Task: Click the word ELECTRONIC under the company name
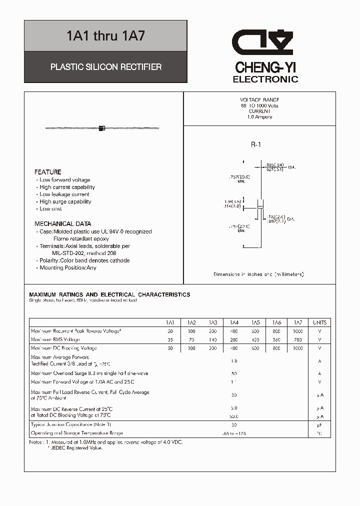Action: [265, 79]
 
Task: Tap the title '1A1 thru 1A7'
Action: [106, 36]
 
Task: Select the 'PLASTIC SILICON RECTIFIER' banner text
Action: [106, 66]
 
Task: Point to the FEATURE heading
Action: [48, 172]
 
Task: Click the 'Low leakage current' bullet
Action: [64, 194]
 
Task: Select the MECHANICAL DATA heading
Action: [63, 224]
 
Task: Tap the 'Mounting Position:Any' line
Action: [68, 267]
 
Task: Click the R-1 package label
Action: [256, 145]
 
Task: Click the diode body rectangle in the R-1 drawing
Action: [260, 204]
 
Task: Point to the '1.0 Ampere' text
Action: [259, 116]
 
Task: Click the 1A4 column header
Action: [234, 322]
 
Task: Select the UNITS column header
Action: [319, 322]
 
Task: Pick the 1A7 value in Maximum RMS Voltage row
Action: [298, 339]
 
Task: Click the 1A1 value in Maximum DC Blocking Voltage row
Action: [170, 348]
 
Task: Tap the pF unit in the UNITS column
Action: [320, 424]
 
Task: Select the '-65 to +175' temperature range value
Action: [233, 433]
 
